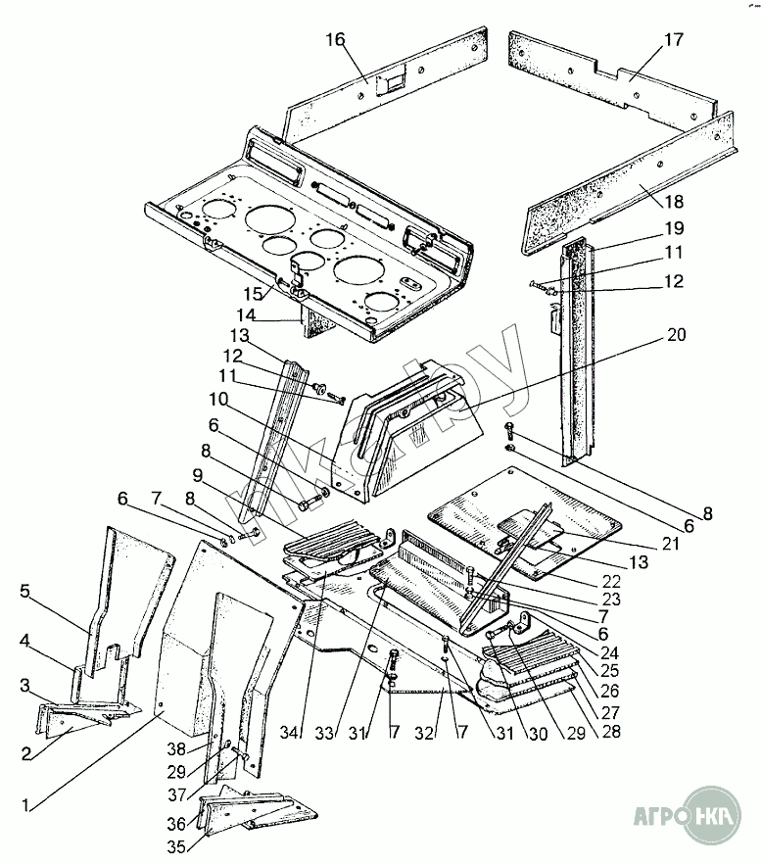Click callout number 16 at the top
[x=336, y=39]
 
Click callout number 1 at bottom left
[x=28, y=805]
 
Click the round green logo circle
[x=713, y=812]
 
